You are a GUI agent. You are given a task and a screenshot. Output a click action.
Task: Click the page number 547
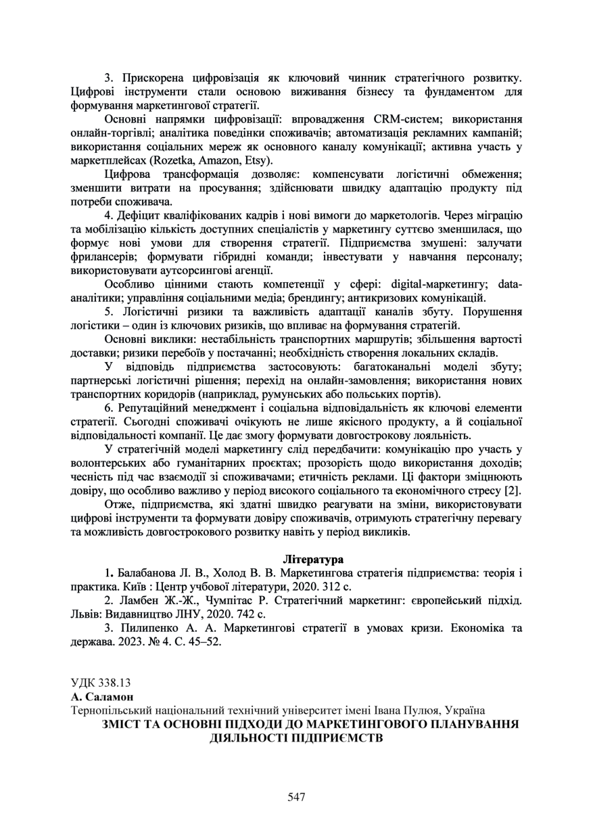pos(296,797)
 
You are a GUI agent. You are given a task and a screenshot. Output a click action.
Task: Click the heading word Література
pos(313,560)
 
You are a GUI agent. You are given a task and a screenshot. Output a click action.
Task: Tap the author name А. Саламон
pos(103,696)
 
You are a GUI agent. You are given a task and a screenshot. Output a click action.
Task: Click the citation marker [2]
pos(514,491)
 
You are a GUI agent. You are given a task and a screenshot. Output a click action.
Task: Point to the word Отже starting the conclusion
pos(119,505)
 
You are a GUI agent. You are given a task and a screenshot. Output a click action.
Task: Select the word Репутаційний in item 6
pos(154,408)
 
